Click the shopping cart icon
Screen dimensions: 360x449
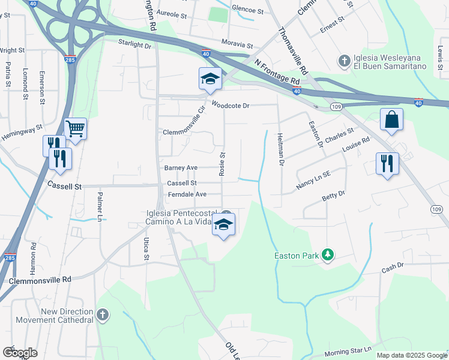click(75, 128)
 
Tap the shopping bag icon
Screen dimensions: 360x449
click(391, 119)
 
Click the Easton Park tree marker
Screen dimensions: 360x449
click(327, 255)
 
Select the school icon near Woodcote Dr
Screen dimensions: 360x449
click(210, 79)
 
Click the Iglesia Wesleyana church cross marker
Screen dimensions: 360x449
click(345, 61)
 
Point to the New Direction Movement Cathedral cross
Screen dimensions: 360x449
click(103, 314)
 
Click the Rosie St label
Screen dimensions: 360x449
click(221, 164)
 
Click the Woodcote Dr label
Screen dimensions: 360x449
click(231, 106)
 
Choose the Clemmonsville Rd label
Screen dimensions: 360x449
click(40, 280)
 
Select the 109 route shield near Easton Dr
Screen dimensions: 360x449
click(336, 107)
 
